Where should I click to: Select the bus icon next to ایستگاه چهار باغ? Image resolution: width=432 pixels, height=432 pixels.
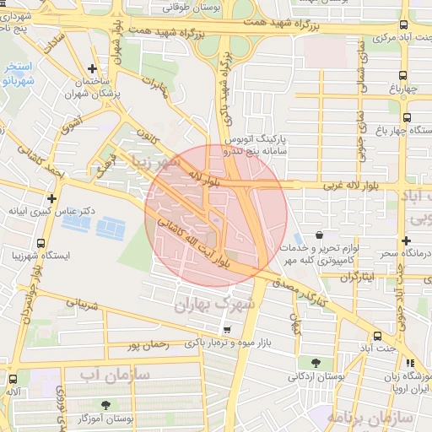pos(408,118)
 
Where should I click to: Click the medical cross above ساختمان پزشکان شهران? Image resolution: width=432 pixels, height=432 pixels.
pos(92,68)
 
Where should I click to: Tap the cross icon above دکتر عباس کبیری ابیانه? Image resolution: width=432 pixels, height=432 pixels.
pos(52,197)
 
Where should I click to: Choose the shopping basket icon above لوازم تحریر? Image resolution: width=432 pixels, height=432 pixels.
pos(320,235)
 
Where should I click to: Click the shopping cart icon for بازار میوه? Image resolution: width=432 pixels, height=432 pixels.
pos(225,330)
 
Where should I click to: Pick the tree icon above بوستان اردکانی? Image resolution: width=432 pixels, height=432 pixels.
pos(316,363)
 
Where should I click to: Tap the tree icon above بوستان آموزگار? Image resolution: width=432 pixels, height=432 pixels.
pos(105,406)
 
